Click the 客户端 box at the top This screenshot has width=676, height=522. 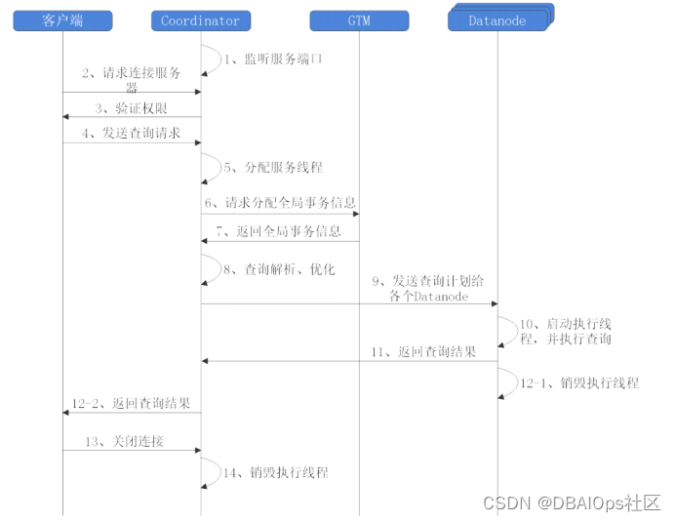coord(62,20)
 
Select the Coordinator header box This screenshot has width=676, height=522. coord(201,20)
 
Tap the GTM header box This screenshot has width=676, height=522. coord(359,20)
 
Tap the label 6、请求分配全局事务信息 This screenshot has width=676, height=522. coord(280,203)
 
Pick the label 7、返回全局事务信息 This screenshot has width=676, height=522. coord(279,231)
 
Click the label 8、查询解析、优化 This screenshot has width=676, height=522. coord(278,268)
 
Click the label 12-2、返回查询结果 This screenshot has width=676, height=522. coord(131,403)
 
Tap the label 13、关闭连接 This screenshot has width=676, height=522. coord(125,441)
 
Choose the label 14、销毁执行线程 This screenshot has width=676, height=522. coord(276,472)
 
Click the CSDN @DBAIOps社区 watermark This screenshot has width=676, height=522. coord(572,502)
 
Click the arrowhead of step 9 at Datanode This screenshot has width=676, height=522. coord(493,303)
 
